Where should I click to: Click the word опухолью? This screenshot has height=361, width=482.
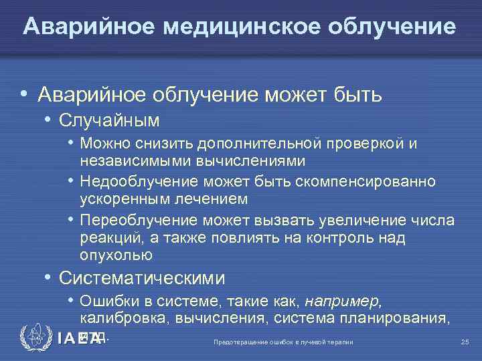click(116, 255)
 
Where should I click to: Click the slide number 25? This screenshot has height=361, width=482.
click(465, 342)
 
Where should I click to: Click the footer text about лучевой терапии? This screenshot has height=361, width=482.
click(283, 342)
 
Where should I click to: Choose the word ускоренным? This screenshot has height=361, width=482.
click(125, 199)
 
